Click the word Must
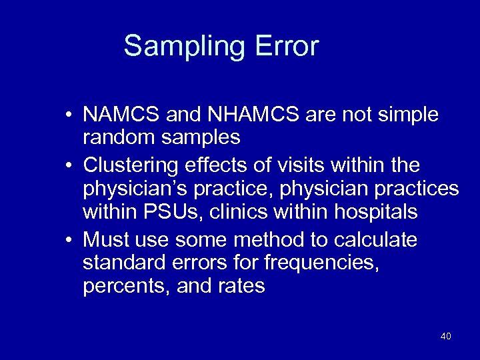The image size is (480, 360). (x=107, y=239)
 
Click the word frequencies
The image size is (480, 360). (x=323, y=263)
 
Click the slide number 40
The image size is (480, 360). (x=445, y=336)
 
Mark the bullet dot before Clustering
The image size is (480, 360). (x=69, y=165)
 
